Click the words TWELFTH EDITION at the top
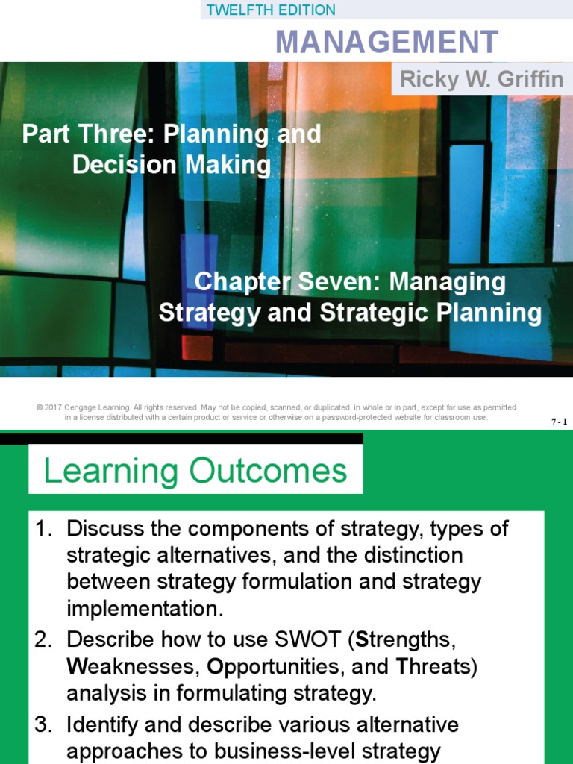271,10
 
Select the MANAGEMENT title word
386,42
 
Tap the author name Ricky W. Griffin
481,80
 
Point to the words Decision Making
172,165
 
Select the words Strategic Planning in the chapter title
430,312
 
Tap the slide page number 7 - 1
559,422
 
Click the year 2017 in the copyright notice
52,407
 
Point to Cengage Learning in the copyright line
96,407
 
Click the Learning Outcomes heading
195,472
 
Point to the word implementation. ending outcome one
145,609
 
